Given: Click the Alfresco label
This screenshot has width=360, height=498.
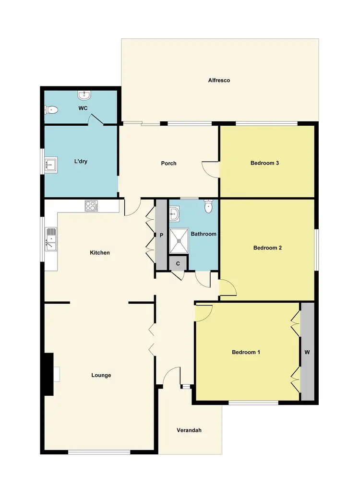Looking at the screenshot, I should [x=219, y=80].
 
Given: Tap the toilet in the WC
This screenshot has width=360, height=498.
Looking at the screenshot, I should [x=52, y=110].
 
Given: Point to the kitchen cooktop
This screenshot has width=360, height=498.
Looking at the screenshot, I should [x=91, y=206].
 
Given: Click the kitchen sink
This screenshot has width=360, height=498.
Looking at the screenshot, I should [x=51, y=239].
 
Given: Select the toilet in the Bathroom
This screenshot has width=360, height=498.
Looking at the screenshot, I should [x=208, y=207].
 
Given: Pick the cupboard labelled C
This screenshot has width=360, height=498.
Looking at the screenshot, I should [x=178, y=263].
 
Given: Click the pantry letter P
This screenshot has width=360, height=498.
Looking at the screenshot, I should [x=162, y=236].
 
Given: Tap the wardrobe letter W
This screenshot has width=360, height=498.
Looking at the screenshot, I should [x=307, y=352].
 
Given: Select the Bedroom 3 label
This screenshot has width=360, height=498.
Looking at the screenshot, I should [x=265, y=163].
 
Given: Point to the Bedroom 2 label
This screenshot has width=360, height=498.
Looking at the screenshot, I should [x=267, y=248].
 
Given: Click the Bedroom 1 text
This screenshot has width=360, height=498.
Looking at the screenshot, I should [x=246, y=352].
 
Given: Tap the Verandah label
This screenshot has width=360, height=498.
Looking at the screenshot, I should [x=189, y=430].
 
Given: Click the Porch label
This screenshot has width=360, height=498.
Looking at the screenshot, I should [x=168, y=163].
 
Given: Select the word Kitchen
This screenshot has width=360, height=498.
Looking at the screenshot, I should [x=100, y=252].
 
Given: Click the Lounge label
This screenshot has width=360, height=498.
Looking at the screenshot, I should [x=101, y=375].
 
